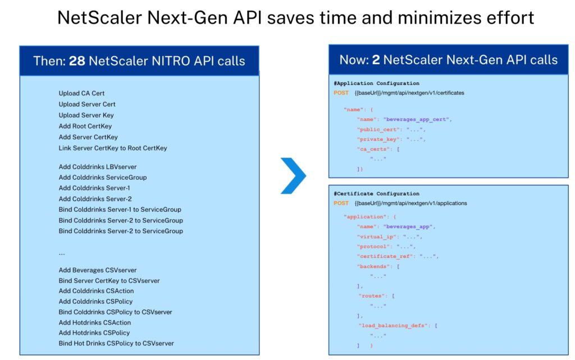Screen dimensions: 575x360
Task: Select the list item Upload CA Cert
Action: (x=81, y=93)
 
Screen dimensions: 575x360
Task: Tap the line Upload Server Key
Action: (x=86, y=115)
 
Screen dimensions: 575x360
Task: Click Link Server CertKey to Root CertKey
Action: (x=112, y=148)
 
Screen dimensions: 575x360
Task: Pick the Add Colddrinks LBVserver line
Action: (x=98, y=167)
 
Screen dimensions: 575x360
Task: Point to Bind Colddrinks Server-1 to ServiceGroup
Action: (x=120, y=209)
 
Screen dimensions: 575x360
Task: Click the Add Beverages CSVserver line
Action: (x=98, y=270)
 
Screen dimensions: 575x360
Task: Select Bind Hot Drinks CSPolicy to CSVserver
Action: (x=116, y=344)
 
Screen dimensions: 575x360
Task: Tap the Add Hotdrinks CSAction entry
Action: (x=94, y=322)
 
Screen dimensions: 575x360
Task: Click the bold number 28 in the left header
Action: (x=77, y=61)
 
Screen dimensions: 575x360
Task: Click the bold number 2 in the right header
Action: (x=376, y=60)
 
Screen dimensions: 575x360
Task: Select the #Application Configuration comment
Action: (x=376, y=83)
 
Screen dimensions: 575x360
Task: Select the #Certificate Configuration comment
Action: (x=376, y=194)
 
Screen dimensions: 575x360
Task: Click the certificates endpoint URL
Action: (x=409, y=93)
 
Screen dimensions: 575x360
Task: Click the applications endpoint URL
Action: (x=410, y=203)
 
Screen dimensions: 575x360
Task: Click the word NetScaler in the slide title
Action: (x=99, y=17)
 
